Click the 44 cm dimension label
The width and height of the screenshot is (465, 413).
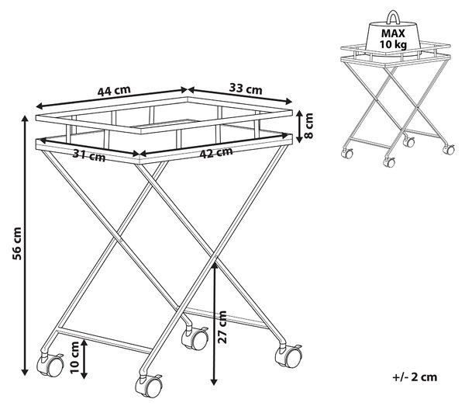tap(114, 91)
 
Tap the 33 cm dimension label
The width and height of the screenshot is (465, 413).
tap(246, 88)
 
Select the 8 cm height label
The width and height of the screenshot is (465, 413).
tap(308, 126)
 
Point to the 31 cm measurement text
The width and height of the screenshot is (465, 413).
tap(89, 155)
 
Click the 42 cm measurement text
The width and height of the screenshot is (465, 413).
tap(216, 152)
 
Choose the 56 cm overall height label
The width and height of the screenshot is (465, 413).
tap(17, 243)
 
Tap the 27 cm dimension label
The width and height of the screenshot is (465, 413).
tap(222, 327)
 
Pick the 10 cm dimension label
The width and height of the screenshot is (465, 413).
tap(74, 357)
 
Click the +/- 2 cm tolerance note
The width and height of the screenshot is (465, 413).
tap(415, 377)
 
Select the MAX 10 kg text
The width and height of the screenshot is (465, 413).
tap(393, 39)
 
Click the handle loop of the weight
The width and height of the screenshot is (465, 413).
tap(393, 17)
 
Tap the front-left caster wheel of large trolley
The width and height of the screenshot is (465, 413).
tap(50, 365)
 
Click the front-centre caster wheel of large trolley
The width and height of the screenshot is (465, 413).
tap(149, 387)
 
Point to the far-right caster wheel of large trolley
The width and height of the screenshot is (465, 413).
tap(288, 356)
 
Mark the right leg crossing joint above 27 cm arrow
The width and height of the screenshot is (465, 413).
tap(215, 256)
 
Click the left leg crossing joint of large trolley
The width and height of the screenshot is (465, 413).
tap(121, 239)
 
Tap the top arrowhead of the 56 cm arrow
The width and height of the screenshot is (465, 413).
tap(26, 119)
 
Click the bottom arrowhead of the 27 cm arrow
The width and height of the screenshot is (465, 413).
tap(214, 382)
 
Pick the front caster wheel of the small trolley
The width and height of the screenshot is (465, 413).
tap(389, 162)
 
